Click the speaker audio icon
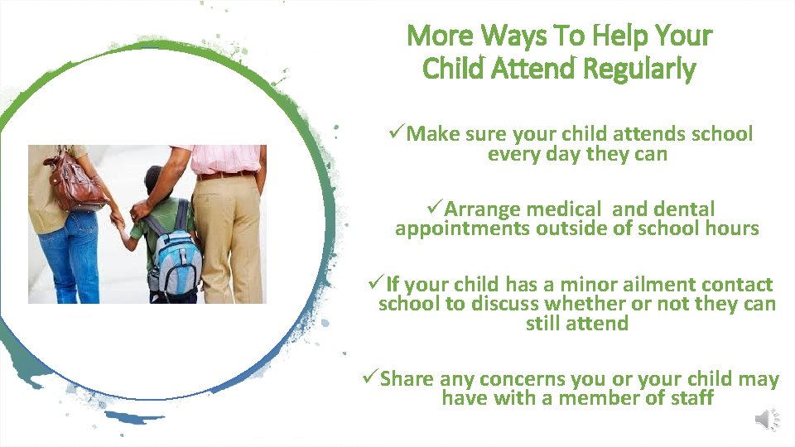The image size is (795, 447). (768, 421)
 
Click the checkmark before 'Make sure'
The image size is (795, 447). (396, 133)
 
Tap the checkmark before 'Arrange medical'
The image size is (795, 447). (434, 209)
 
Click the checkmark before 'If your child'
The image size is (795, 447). (375, 284)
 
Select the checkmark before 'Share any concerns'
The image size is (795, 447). (369, 379)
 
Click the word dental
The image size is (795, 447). (682, 209)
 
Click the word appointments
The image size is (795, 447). (460, 228)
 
